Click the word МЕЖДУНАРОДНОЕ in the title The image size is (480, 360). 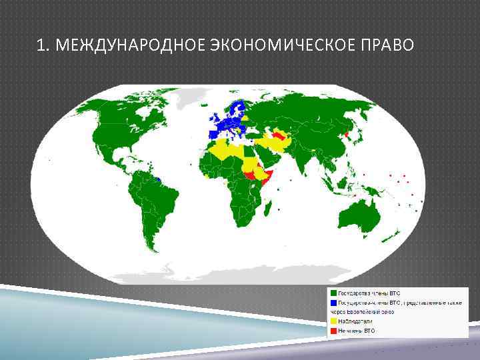(x=131, y=45)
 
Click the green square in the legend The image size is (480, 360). (x=333, y=293)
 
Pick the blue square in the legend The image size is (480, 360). (x=333, y=302)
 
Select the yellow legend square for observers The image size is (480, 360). (x=333, y=321)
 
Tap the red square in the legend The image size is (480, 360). (x=333, y=330)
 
